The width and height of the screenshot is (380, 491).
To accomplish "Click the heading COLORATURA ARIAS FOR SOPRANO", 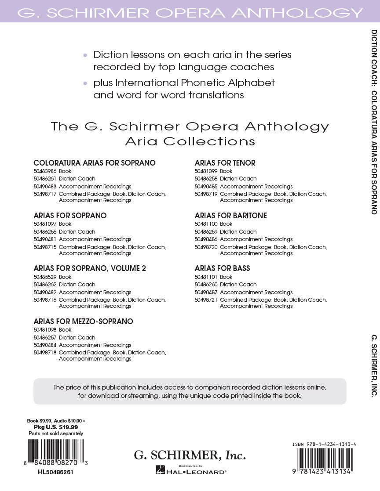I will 95,163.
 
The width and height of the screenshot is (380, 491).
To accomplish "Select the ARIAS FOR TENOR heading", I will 225,163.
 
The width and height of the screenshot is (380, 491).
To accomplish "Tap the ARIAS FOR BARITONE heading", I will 230,216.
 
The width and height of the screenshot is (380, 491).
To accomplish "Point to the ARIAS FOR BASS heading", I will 222,268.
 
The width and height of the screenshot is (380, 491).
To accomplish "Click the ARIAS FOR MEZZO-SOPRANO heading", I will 83,321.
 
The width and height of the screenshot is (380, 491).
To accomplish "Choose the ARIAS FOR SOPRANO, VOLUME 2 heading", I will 90,268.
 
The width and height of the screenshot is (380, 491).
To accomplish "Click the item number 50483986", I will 44,171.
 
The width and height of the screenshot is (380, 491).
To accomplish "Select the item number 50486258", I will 206,179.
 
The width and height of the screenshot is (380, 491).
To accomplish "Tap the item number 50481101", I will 206,277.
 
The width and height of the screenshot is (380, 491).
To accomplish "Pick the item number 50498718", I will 44,352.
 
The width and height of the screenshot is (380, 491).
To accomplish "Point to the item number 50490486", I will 206,239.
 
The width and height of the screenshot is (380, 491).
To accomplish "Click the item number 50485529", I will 44,277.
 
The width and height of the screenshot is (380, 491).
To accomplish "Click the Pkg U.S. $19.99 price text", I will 56,427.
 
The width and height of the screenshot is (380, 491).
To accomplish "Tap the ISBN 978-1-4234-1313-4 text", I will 324,444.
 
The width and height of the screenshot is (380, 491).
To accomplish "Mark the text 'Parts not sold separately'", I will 56,433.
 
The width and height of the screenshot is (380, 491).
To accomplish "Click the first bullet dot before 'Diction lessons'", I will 85,55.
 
